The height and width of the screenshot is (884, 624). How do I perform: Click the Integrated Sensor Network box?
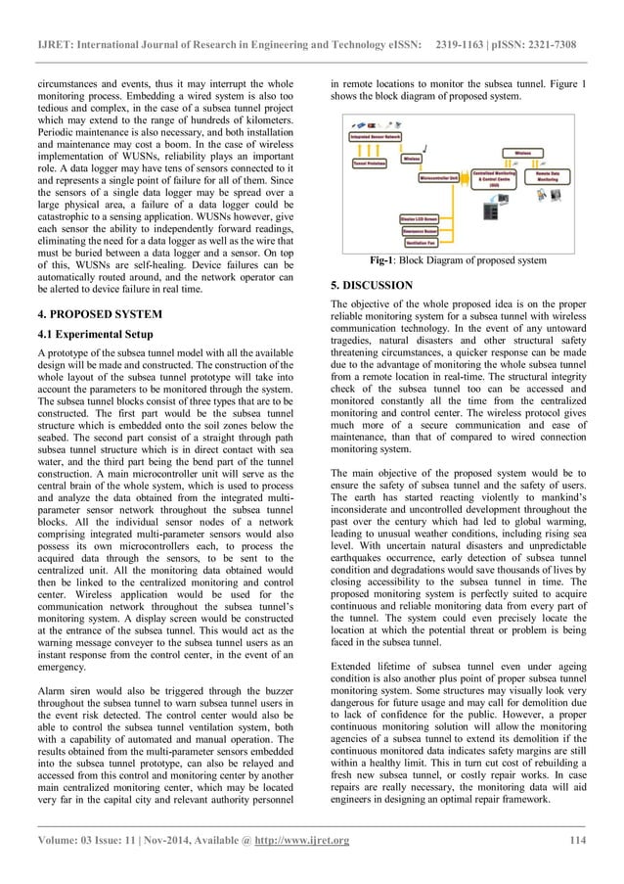click(374, 137)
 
